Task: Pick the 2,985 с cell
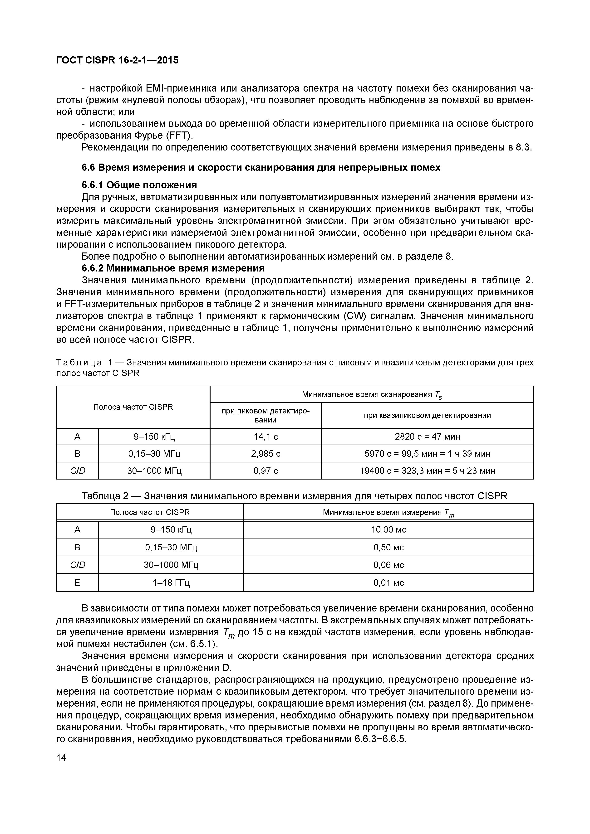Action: coord(266,453)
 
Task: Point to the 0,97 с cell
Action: coord(266,471)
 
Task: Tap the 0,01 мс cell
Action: coord(388,583)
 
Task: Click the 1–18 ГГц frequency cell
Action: coord(171,583)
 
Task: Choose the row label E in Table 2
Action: coord(77,583)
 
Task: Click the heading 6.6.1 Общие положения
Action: coord(139,185)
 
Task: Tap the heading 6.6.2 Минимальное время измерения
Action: coord(173,268)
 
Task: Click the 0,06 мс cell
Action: coord(388,565)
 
